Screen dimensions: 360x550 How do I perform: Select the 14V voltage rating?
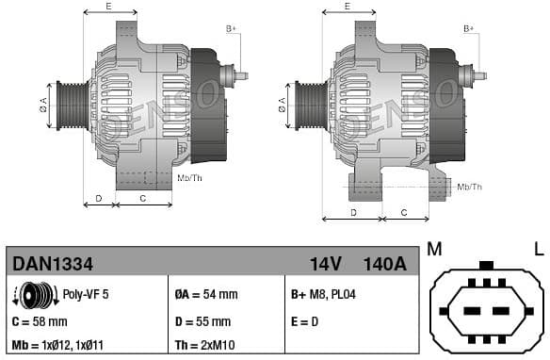tap(325, 263)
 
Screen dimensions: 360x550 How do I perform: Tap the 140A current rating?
tap(385, 263)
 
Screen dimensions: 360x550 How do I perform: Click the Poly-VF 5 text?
tap(86, 295)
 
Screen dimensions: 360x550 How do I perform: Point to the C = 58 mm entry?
tap(39, 321)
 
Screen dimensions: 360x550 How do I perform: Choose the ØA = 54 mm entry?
tap(206, 295)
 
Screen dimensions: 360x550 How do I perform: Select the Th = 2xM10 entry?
tap(207, 345)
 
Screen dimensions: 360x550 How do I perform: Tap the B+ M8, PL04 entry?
tap(323, 295)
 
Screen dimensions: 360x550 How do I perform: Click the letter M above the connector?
tap(434, 249)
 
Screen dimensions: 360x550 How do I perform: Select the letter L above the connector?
tap(539, 249)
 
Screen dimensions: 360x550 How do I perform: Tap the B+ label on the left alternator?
tap(231, 29)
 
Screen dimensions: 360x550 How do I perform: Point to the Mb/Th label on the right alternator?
tap(469, 187)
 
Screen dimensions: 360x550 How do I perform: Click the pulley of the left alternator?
tap(71, 105)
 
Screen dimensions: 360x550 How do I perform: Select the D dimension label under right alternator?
tap(353, 213)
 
